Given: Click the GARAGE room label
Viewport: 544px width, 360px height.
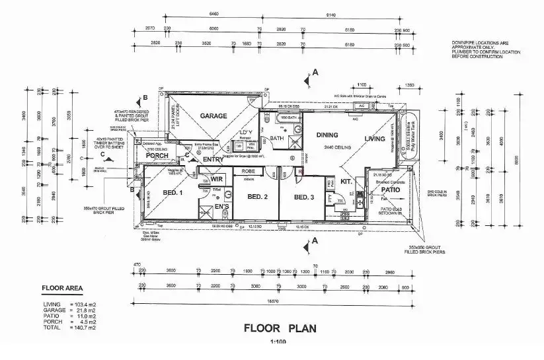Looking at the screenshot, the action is coord(214,116).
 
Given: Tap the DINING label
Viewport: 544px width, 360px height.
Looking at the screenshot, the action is coord(327,135).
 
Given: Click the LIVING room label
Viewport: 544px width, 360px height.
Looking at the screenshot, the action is coord(375,139).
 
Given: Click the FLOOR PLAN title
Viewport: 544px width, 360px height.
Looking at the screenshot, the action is coord(281,327).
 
